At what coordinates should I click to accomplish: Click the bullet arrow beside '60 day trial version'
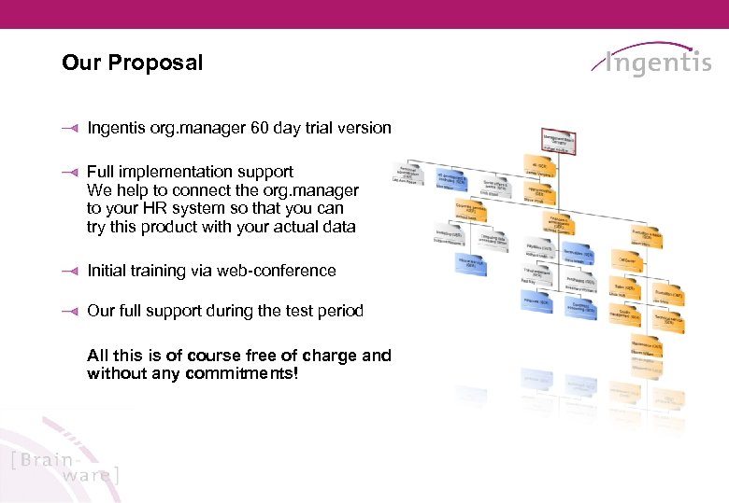[67, 129]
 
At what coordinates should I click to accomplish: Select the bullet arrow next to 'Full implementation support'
[67, 173]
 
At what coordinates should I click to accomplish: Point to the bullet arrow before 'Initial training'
[67, 272]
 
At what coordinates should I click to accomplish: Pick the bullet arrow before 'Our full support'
[67, 312]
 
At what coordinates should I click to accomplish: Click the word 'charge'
[332, 356]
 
